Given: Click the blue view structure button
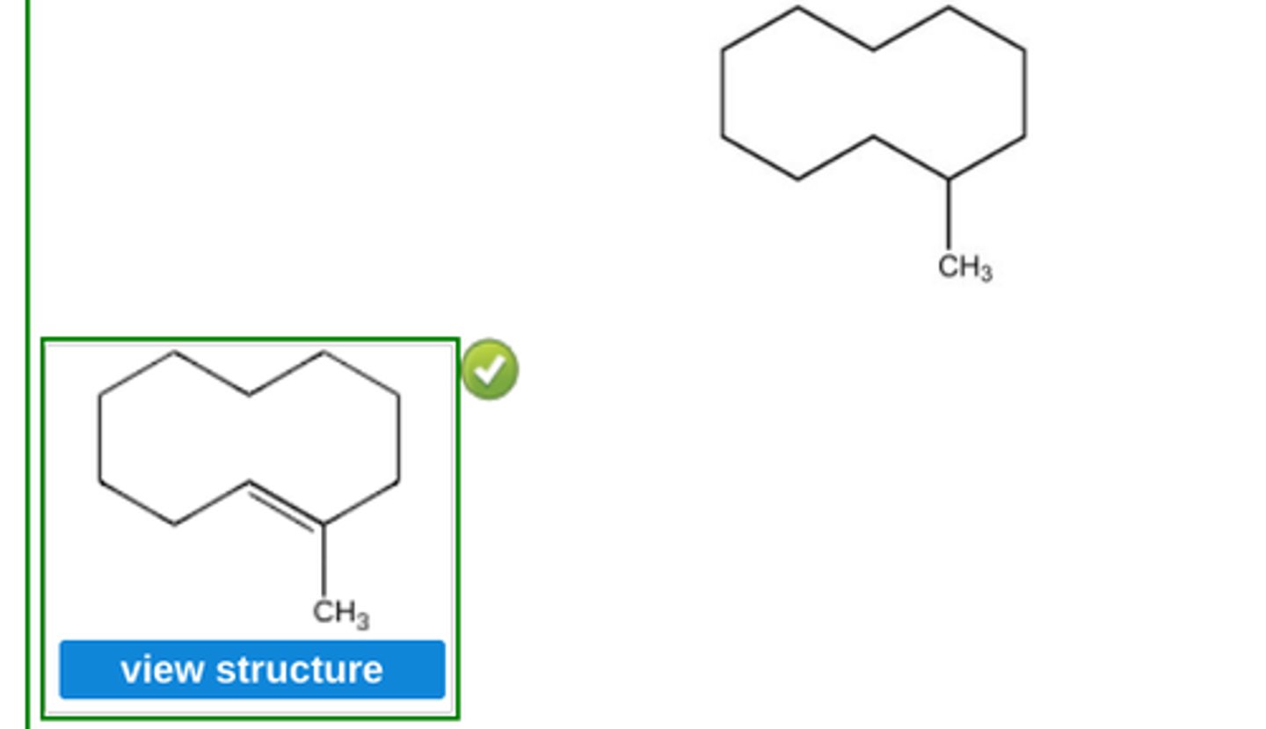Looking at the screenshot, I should point(252,670).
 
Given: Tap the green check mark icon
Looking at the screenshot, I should point(490,369).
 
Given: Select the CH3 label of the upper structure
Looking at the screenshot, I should point(964,267).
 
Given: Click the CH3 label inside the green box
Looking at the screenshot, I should point(340,613).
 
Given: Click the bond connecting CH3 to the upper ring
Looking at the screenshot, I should point(949,215).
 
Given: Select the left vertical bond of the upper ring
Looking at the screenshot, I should point(722,93).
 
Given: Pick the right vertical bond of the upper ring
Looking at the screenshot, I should point(1024,93).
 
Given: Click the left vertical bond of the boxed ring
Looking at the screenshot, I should point(99,438).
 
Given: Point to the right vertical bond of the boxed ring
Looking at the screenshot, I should point(398,438).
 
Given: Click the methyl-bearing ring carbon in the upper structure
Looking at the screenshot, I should point(949,179).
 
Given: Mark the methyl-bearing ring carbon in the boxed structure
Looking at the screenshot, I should point(324,525).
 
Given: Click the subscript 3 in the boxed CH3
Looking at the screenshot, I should point(361,620).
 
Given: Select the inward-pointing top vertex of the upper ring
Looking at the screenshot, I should point(873,49).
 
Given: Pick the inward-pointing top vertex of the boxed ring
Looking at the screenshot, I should point(249,395).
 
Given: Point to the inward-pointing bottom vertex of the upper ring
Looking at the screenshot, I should point(873,137).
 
